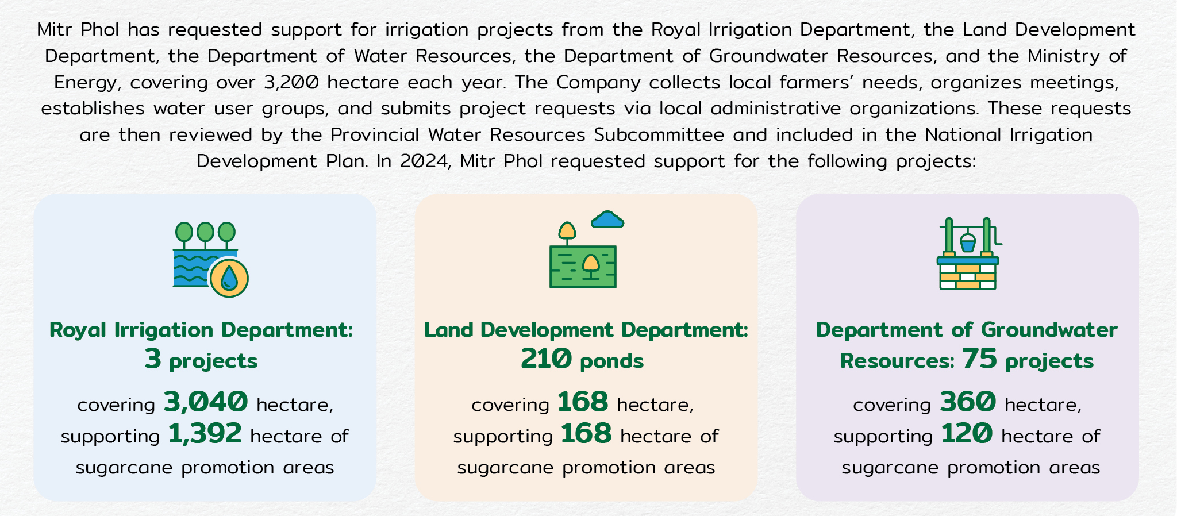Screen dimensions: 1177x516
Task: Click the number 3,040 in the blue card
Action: (x=206, y=402)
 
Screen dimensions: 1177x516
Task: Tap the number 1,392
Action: (x=205, y=433)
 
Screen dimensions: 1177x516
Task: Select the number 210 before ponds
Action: (x=546, y=359)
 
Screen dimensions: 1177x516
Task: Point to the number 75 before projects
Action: (x=980, y=359)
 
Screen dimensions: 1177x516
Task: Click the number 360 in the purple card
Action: (x=968, y=402)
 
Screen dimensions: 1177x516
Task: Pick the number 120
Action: (x=967, y=433)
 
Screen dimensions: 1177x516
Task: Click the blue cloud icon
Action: (x=607, y=220)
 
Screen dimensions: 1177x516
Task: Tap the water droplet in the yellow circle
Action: (x=229, y=277)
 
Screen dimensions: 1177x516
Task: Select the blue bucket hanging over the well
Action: (x=968, y=243)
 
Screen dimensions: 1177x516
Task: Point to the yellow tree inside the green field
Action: (x=590, y=267)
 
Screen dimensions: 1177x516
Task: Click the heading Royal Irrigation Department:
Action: (x=201, y=330)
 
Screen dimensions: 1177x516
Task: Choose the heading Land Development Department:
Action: (x=586, y=330)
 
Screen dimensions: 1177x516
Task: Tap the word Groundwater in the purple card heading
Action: (x=1049, y=330)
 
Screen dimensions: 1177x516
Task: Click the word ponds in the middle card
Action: (x=612, y=361)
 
